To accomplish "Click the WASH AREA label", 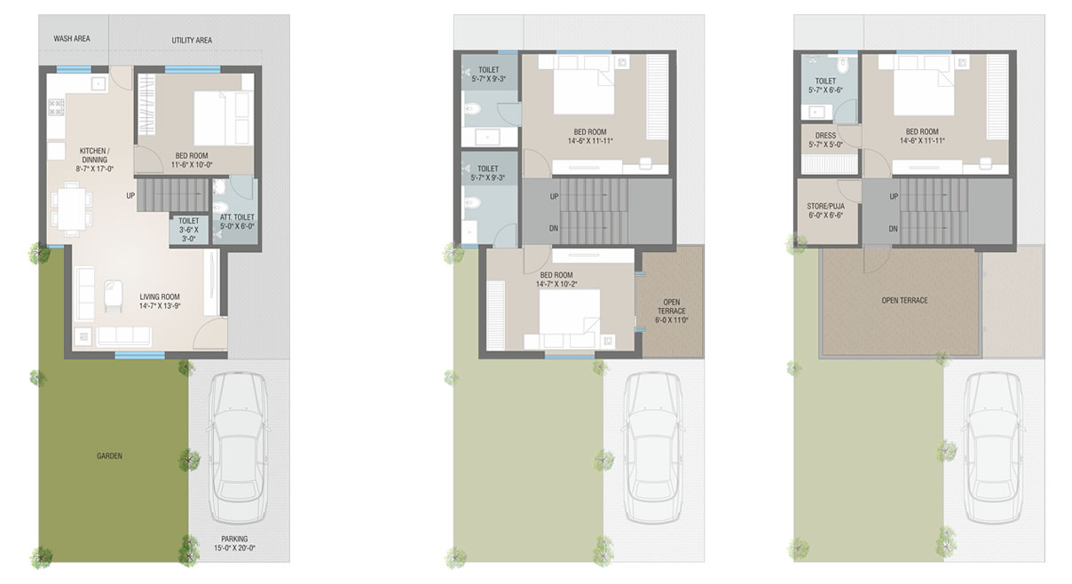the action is [x=72, y=38].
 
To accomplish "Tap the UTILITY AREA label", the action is [x=192, y=40].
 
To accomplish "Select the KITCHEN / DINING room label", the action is [x=95, y=160].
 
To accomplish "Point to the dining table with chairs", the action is [x=72, y=209].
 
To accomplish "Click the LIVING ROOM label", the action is [x=160, y=301].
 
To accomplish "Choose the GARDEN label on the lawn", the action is [x=109, y=456].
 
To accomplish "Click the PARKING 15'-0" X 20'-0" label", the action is [x=234, y=543].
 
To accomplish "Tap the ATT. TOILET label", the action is [x=237, y=222].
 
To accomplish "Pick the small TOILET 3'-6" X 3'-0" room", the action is [x=189, y=230].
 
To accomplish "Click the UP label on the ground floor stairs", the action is [x=130, y=196].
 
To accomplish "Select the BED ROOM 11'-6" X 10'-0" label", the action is [x=192, y=161].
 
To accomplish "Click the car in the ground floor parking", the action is [x=238, y=447].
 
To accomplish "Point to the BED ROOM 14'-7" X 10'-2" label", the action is [x=556, y=280].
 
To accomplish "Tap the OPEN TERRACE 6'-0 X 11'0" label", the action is [x=672, y=312].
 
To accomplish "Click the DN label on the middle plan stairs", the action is [x=554, y=228].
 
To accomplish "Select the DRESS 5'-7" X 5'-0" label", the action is [x=826, y=139].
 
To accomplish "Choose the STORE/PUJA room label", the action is [x=826, y=210].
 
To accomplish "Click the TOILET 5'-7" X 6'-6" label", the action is [x=826, y=86].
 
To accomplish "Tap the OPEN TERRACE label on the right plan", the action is [x=904, y=301].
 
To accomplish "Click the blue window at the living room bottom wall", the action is [x=140, y=355].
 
